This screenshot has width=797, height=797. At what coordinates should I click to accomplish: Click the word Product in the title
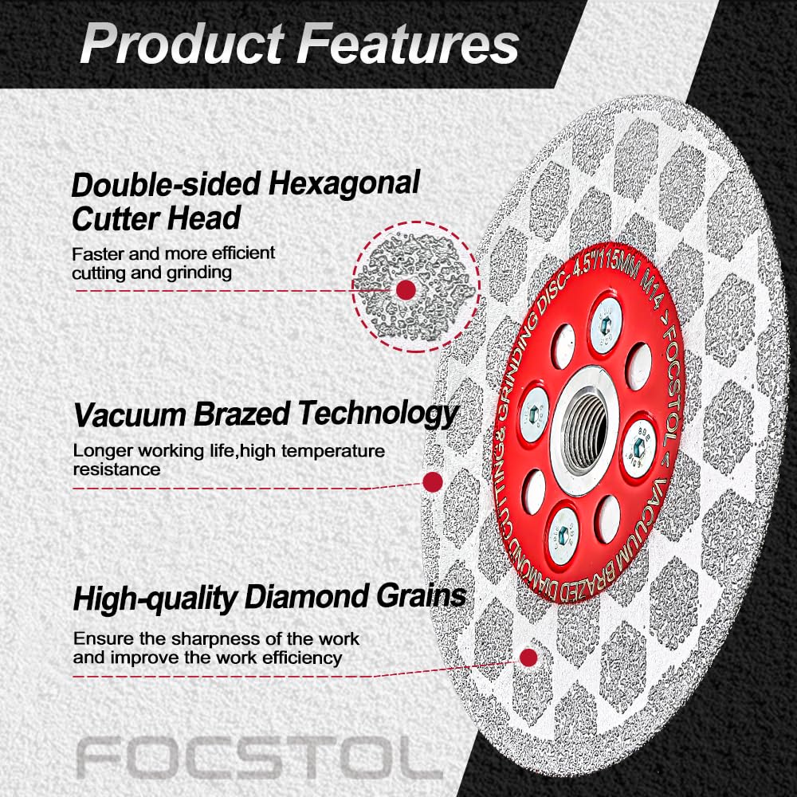[x=182, y=44]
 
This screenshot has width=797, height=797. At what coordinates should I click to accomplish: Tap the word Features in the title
[x=407, y=44]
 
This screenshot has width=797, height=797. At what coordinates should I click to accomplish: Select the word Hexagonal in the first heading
[x=344, y=183]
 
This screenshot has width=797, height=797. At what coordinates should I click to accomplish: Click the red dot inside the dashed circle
[x=406, y=290]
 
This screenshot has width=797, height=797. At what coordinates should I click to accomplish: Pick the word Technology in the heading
[x=378, y=414]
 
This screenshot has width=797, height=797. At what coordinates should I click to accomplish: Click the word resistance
[x=116, y=469]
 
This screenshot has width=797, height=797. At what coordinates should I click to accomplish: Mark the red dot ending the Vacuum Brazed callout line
[x=432, y=482]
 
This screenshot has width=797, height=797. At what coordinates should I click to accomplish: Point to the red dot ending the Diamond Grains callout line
[x=528, y=658]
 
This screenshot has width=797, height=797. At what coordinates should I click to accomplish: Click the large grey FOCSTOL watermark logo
[x=259, y=757]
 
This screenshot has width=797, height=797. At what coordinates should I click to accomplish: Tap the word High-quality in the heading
[x=155, y=598]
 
